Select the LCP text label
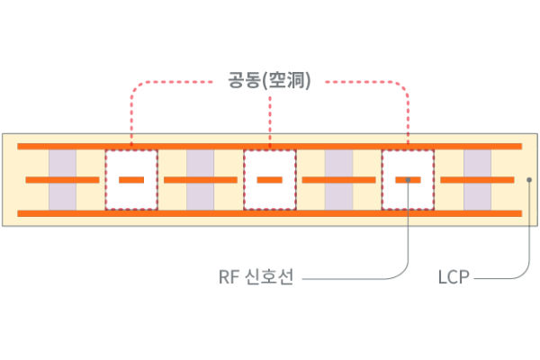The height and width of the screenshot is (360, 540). point(454,277)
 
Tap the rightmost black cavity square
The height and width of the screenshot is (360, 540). point(408,165)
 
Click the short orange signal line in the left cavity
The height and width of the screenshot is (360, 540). point(131,180)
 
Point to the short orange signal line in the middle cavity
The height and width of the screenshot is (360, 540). point(269,180)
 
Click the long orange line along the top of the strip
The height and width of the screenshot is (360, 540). point(269,146)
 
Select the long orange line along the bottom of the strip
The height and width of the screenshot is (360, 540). point(269,213)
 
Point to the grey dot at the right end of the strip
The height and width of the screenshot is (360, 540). point(529,180)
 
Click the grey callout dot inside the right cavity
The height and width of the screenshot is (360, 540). point(409,180)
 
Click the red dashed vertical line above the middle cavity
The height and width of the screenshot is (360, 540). point(270,117)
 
